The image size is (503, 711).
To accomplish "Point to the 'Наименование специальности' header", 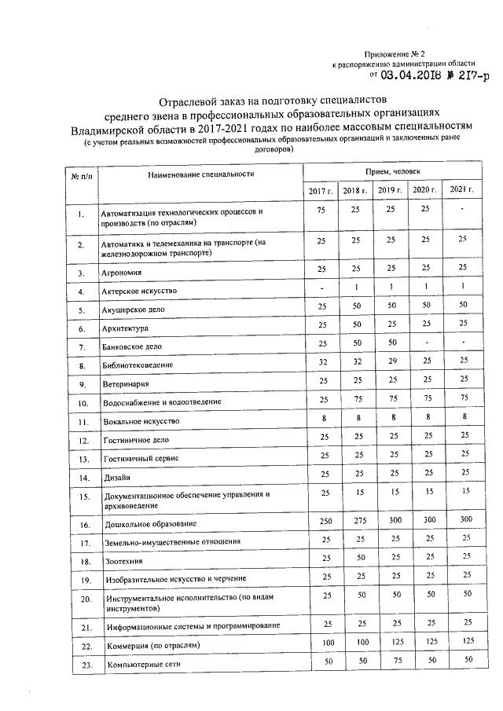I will coord(202,173).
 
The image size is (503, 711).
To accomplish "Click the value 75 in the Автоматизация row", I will coord(321,210).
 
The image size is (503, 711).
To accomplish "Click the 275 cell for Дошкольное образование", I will coord(354,520).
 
